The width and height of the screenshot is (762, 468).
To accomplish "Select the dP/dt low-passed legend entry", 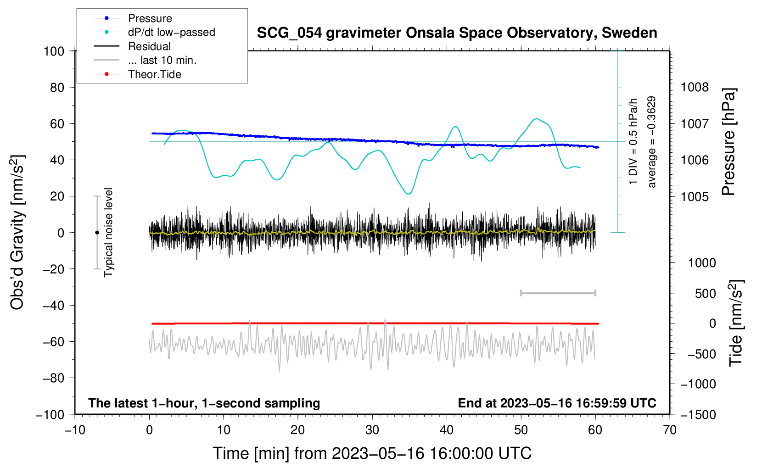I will tap(171, 32).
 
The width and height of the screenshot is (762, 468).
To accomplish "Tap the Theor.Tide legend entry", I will tap(154, 74).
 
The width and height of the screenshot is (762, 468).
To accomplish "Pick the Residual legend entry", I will tap(149, 46).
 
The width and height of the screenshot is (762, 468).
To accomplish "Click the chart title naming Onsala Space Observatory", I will tap(457, 33).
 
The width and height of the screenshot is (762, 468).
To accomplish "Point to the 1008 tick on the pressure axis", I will tap(695, 87).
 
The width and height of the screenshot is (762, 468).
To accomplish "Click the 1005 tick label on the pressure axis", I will tap(695, 197).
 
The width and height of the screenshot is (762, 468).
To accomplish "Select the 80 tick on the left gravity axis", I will tap(57, 87).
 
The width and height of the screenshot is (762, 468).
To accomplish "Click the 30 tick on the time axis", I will tap(372, 430).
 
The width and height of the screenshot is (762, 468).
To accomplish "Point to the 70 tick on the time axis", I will tap(670, 430).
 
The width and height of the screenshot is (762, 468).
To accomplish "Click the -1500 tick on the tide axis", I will tap(698, 415).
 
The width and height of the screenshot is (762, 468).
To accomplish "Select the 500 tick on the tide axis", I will tap(705, 294).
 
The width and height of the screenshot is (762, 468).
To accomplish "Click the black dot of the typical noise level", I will tap(97, 233).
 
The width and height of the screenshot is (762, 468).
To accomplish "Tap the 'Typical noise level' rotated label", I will tap(108, 233).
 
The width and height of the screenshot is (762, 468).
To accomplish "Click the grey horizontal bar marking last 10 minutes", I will tap(558, 293).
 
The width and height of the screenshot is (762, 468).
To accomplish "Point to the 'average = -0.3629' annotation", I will tap(651, 142).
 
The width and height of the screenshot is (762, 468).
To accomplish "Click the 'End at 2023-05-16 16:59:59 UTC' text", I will tap(557, 403).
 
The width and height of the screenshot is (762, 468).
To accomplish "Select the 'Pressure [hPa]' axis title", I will tap(728, 142).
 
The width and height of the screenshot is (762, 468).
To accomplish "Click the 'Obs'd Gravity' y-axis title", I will tap(17, 233).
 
